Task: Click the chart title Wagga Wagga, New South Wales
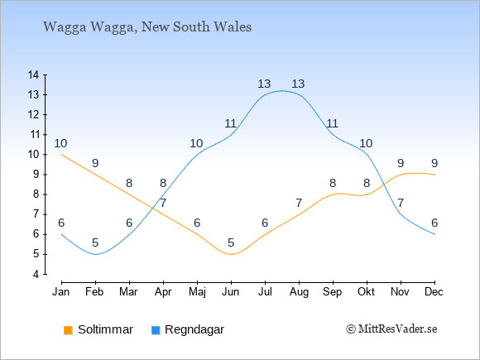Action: click(147, 27)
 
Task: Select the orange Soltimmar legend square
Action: click(68, 330)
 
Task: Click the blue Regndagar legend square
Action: click(156, 330)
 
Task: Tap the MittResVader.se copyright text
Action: click(391, 329)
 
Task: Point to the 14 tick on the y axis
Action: click(33, 74)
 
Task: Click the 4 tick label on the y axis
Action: click(36, 274)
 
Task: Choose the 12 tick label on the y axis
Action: click(33, 115)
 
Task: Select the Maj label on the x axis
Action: click(197, 292)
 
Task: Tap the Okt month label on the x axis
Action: click(366, 292)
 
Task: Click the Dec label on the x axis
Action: click(434, 292)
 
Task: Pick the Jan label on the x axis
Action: click(61, 292)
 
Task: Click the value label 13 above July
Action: click(264, 84)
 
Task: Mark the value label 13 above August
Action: click(298, 84)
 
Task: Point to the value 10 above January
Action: click(60, 143)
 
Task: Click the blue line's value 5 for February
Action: click(95, 243)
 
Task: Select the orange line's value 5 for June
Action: click(231, 243)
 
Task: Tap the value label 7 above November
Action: click(401, 203)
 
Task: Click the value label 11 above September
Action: click(332, 123)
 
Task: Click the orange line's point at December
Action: click(434, 175)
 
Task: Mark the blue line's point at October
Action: click(367, 155)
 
